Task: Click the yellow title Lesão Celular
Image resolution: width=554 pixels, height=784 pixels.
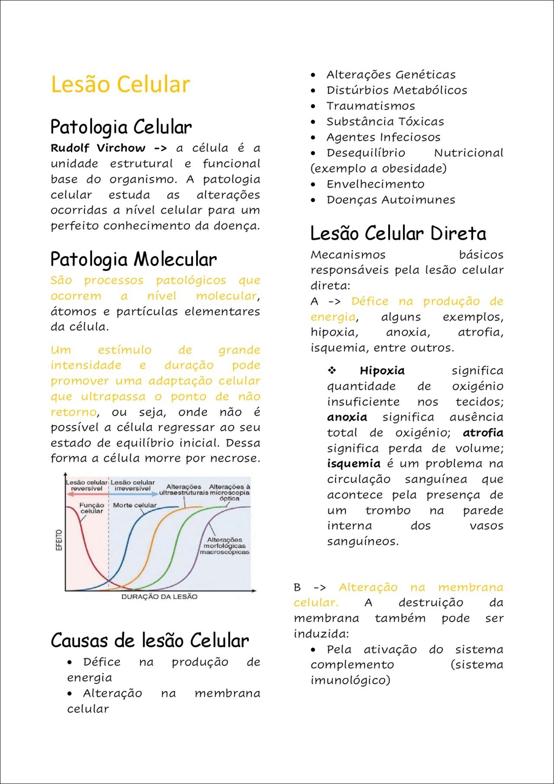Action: click(120, 84)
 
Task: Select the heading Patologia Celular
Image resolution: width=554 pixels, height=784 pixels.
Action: click(121, 127)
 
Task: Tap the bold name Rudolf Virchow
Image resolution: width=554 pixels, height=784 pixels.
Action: click(98, 148)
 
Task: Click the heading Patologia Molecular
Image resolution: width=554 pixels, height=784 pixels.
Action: click(133, 260)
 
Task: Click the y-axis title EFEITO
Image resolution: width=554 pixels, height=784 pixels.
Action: click(59, 540)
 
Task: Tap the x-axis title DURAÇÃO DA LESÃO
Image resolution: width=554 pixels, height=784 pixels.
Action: click(159, 597)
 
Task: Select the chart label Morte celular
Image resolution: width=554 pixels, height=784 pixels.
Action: click(135, 505)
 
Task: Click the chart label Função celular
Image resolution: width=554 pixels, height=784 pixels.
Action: click(92, 508)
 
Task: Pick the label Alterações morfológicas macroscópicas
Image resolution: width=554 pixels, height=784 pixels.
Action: click(225, 546)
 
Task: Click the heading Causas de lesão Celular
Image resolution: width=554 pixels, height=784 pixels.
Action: click(150, 641)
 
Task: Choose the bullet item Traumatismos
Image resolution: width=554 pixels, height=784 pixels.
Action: click(370, 106)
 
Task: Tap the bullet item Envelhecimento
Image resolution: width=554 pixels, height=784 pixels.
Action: click(375, 184)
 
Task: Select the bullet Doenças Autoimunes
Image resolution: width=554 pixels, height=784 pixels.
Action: click(391, 200)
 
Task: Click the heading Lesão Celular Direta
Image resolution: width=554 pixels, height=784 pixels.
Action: click(398, 234)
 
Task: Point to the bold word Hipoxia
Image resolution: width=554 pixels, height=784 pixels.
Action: click(382, 371)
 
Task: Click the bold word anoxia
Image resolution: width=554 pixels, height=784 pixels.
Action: click(347, 417)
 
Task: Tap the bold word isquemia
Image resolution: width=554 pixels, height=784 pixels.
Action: click(354, 464)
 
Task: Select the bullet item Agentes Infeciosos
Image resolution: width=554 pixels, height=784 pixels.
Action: click(383, 137)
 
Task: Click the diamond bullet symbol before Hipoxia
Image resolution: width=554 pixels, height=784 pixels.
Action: click(332, 371)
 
